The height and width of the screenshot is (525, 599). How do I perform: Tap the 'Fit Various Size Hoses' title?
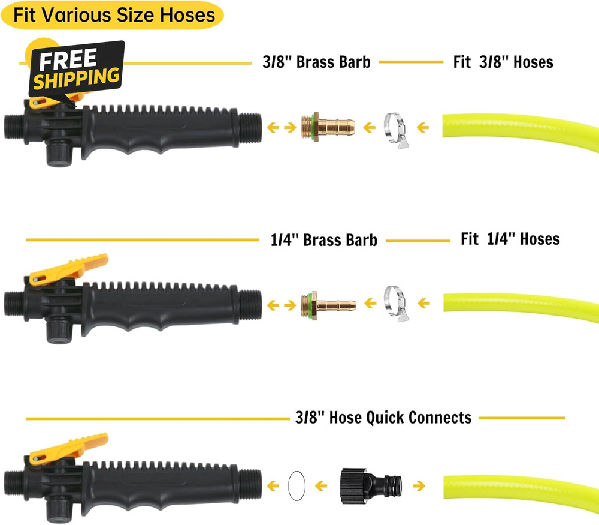(114, 15)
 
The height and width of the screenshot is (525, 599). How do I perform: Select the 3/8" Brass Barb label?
(316, 62)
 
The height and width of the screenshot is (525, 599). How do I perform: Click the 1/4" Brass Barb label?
(323, 241)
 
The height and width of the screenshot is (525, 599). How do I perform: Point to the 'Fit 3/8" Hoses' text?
(503, 62)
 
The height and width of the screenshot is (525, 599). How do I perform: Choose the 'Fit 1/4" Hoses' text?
(510, 239)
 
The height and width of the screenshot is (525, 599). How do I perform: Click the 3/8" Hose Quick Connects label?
(383, 418)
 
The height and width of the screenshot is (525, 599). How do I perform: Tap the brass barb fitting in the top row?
(328, 127)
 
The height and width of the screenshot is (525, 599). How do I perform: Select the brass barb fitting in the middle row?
(328, 305)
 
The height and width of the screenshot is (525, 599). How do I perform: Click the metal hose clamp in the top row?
(397, 130)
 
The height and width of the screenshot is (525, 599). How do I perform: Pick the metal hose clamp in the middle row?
(397, 304)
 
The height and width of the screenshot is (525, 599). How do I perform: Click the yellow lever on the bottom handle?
(69, 448)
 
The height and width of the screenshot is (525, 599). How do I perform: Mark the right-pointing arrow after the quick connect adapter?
(419, 486)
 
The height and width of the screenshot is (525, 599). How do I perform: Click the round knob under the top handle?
(59, 154)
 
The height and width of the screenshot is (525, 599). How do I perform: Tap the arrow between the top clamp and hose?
(423, 127)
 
